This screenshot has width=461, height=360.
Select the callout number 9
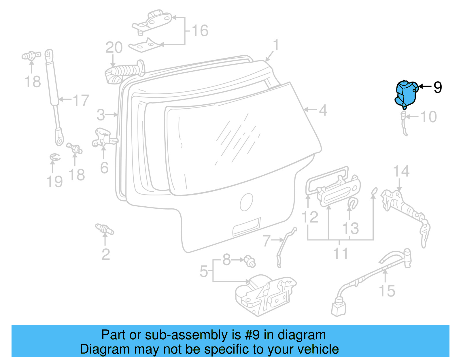437,87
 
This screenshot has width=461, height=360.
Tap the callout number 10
428,117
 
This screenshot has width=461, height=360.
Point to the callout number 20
114,48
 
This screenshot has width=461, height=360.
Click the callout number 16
200,31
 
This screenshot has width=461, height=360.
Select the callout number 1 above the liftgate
276,45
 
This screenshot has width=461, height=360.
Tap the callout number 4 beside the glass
323,110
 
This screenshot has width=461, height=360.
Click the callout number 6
104,168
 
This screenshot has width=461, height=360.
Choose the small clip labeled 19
54,157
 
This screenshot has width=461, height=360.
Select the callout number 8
227,260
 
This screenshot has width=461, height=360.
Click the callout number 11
340,253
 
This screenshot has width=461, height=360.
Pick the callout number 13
350,228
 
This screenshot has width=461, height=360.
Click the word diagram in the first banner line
301,335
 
